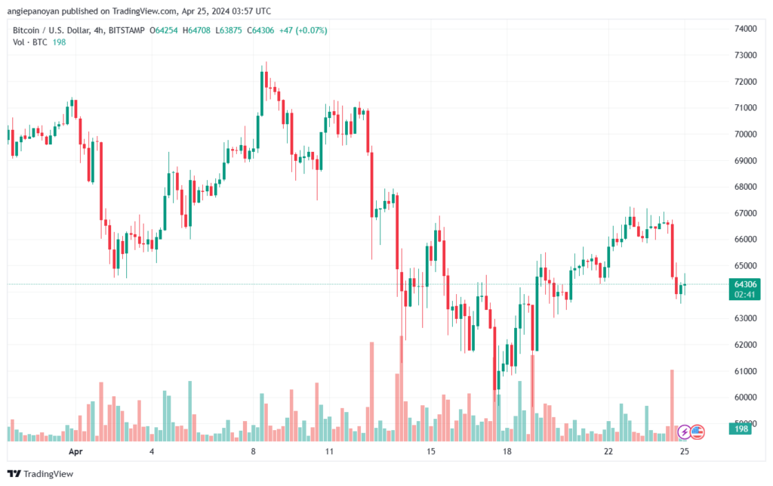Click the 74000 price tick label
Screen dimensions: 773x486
pos(745,29)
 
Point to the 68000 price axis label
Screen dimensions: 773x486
pos(745,187)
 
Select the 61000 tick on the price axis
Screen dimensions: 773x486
pos(745,371)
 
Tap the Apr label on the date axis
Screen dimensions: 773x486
pos(75,451)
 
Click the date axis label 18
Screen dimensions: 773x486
pos(507,451)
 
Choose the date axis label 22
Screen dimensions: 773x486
pos(608,451)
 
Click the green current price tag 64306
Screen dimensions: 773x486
pos(745,284)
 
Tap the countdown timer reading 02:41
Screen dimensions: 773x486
pos(744,295)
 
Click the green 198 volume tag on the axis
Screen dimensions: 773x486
pos(741,429)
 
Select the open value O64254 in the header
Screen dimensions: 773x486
pos(164,30)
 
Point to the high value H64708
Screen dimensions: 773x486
pos(196,30)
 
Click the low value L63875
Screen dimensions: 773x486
pos(229,30)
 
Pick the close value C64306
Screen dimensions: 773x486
pos(260,30)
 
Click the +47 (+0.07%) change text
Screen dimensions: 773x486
pos(303,30)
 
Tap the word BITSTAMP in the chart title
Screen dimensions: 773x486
pos(127,30)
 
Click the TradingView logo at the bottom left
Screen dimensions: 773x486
pos(41,474)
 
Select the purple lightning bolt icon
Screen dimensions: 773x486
pos(684,432)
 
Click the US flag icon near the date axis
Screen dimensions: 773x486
pos(697,432)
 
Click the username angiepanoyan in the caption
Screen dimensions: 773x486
pos(33,11)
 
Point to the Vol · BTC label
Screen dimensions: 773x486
pos(30,42)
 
